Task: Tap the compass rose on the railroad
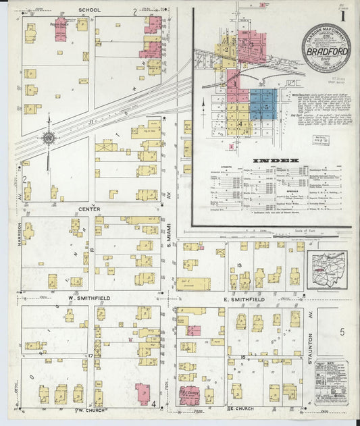pyautogui.click(x=49, y=138)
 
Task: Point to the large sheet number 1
pyautogui.click(x=344, y=14)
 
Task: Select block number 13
pyautogui.click(x=240, y=265)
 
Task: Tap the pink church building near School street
pyautogui.click(x=60, y=29)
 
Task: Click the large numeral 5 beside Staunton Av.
pyautogui.click(x=342, y=331)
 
